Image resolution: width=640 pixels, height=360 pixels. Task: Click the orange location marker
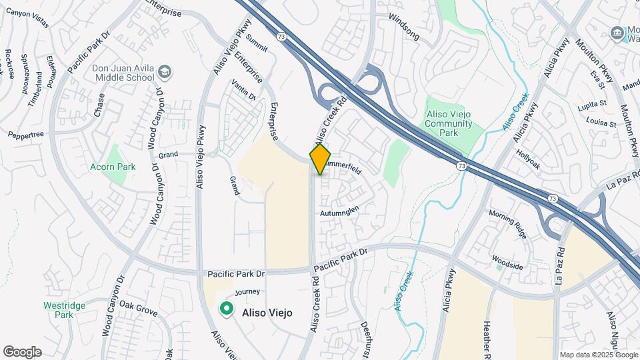(x=320, y=159)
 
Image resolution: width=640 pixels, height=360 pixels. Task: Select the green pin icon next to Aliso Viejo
(x=227, y=309)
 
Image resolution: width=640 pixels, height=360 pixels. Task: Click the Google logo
(x=22, y=352)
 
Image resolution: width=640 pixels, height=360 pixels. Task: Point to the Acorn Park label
(x=113, y=167)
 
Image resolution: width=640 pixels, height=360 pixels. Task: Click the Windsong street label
(x=405, y=27)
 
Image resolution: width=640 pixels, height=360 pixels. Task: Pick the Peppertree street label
(x=26, y=134)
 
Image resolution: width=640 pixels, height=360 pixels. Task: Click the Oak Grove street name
(x=139, y=310)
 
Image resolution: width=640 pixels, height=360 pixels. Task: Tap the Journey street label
(x=247, y=291)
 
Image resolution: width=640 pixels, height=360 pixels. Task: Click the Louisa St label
(x=601, y=123)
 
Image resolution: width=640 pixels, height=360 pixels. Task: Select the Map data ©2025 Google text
(x=598, y=355)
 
